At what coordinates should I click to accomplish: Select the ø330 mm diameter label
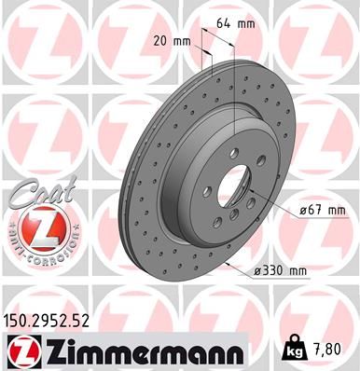tap(283, 270)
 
